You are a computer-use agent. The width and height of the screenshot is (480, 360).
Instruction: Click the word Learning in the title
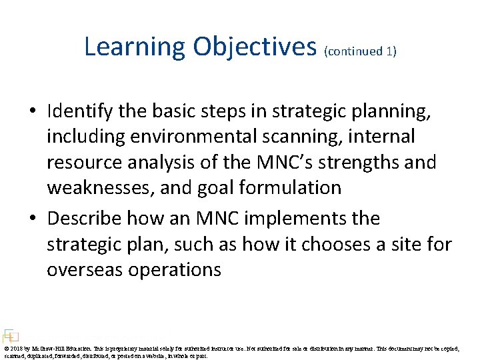click(x=135, y=47)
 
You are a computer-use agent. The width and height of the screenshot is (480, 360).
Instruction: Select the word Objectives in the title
click(x=255, y=47)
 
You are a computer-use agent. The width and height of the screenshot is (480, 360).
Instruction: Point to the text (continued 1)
click(x=360, y=51)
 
